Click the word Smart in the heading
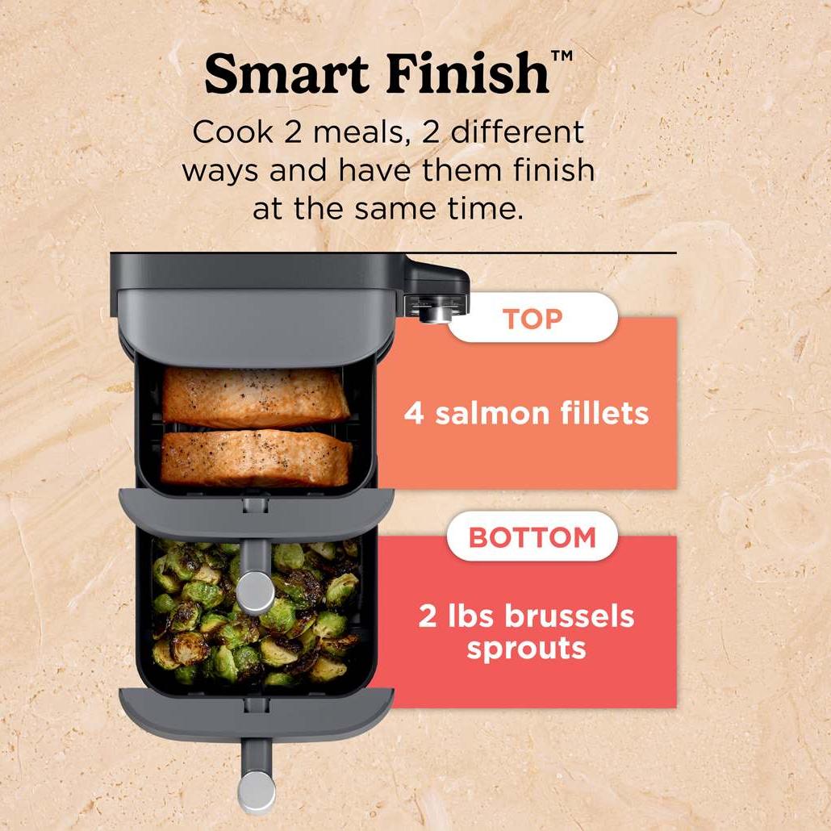[286, 73]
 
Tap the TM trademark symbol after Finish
[562, 56]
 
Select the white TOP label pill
[532, 317]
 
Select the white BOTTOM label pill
[532, 537]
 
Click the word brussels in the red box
[569, 616]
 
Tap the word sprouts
[526, 649]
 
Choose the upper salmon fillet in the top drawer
[255, 397]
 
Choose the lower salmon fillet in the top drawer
[256, 458]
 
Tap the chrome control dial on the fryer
[436, 311]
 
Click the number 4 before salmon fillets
[414, 413]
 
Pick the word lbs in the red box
[470, 616]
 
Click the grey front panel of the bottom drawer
[257, 713]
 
